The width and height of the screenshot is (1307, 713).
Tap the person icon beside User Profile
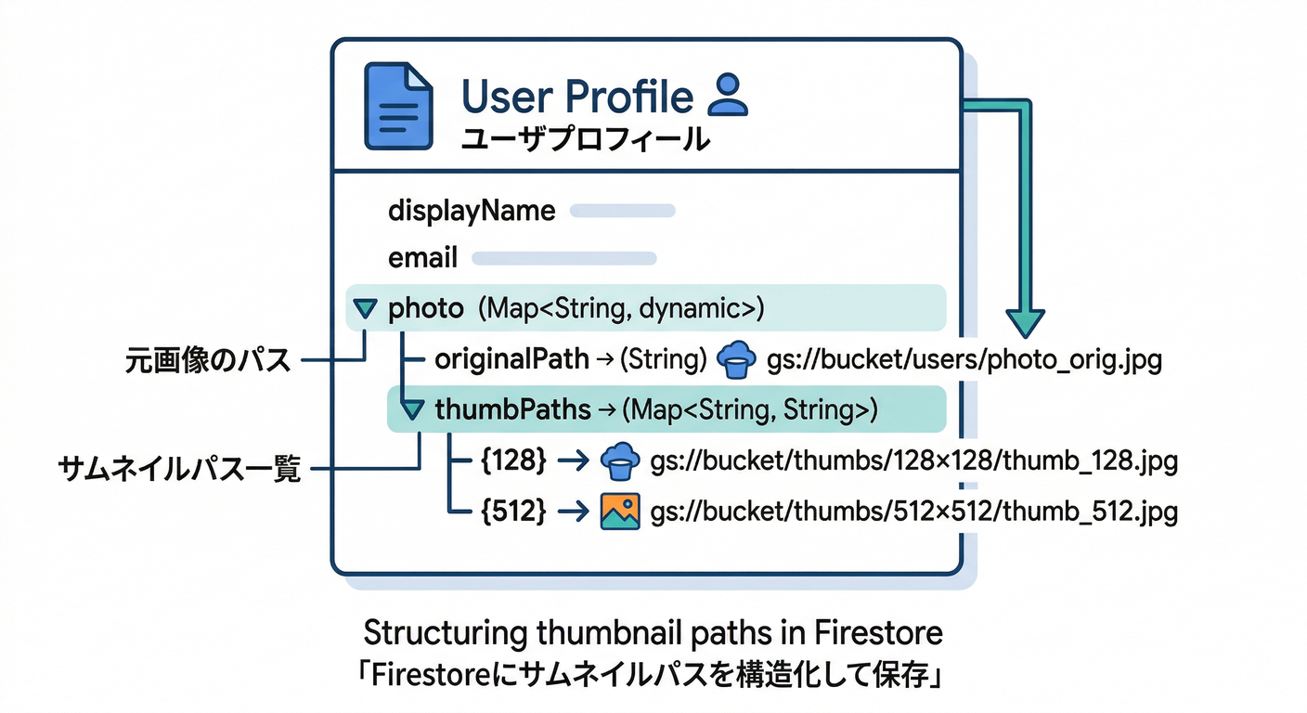727,95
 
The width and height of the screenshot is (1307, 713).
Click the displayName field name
471,211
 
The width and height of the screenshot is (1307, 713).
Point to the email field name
423,258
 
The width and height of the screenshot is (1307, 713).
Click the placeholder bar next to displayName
622,211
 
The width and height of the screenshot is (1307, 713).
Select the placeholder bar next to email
564,258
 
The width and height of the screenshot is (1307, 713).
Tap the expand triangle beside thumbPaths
409,408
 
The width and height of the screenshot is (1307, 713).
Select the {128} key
513,460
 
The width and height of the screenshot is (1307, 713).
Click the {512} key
513,510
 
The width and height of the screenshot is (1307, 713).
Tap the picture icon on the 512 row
619,511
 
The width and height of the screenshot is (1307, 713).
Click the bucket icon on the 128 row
619,460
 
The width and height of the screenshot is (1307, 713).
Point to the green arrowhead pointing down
1024,322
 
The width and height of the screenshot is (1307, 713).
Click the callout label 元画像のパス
208,360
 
